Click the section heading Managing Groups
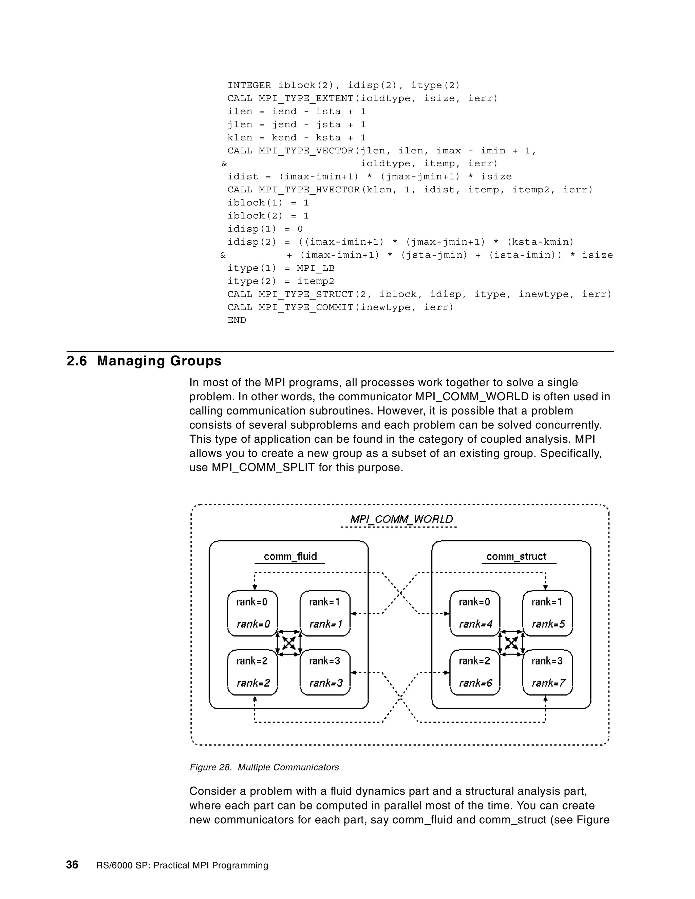point(158,361)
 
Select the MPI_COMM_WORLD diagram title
point(401,519)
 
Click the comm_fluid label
point(290,556)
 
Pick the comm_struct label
point(516,556)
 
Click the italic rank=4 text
point(475,624)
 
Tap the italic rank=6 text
point(475,683)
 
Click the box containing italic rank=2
point(252,672)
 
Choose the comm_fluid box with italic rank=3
point(325,672)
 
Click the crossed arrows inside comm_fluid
point(289,643)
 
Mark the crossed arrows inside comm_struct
point(511,643)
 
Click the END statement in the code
point(237,320)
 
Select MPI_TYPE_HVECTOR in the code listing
point(309,190)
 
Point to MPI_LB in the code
point(316,268)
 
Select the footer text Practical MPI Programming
point(211,865)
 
